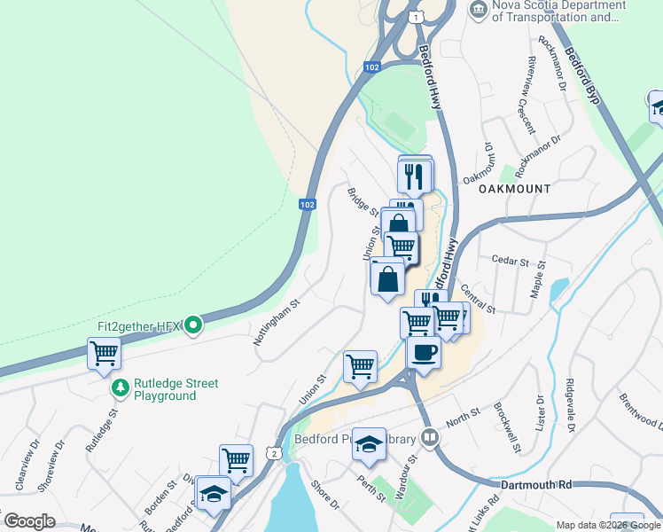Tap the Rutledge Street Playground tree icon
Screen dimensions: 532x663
120,388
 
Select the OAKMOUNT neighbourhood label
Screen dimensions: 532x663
515,189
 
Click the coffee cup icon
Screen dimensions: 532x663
424,352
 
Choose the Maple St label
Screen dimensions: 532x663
536,278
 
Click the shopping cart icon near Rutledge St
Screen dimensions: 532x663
104,354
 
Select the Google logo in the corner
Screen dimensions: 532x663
29,521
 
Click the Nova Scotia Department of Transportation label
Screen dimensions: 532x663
558,11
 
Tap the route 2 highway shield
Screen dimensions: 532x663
276,454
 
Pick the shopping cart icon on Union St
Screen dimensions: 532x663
360,365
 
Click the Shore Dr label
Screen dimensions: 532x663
325,496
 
